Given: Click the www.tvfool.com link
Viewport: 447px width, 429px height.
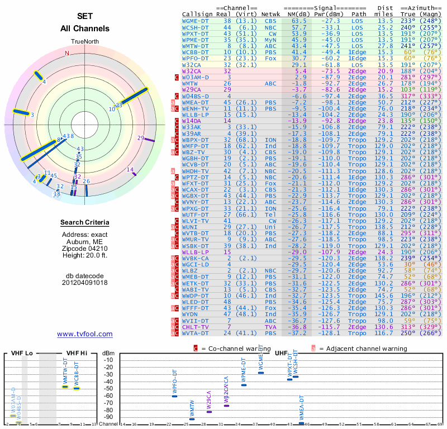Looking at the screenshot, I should pyautogui.click(x=85, y=334).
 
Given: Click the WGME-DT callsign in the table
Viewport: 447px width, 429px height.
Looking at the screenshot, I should pyautogui.click(x=196, y=20).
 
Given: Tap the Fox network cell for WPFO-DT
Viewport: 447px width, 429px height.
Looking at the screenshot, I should pyautogui.click(x=269, y=58).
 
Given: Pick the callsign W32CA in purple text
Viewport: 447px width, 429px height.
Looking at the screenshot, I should pyautogui.click(x=192, y=71).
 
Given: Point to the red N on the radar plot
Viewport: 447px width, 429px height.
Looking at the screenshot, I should pyautogui.click(x=67, y=54).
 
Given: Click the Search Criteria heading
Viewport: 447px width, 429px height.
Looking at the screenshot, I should pyautogui.click(x=85, y=223).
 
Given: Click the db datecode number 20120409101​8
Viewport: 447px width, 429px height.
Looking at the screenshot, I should pyautogui.click(x=85, y=282).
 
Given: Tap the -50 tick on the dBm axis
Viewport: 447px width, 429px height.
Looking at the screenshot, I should pyautogui.click(x=108, y=388).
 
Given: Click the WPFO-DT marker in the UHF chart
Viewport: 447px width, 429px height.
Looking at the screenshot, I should pyautogui.click(x=174, y=396).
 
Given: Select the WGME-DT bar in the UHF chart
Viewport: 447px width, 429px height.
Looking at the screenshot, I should pyautogui.click(x=260, y=372).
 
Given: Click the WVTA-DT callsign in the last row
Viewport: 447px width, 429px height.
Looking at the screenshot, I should pyautogui.click(x=196, y=333).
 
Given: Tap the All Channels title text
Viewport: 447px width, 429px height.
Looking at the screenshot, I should pyautogui.click(x=85, y=28).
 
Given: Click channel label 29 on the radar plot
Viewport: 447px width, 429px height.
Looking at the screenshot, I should pyautogui.click(x=141, y=138).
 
